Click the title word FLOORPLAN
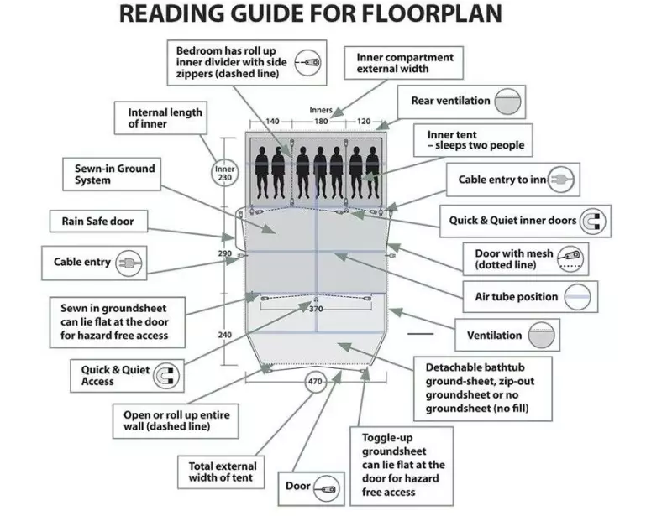click(x=438, y=14)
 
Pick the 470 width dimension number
click(x=316, y=383)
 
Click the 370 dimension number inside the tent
click(x=316, y=310)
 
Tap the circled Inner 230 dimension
click(x=223, y=173)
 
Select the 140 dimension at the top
click(x=273, y=122)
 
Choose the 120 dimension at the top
click(x=363, y=122)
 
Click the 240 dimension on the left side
click(x=224, y=336)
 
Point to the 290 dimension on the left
click(x=224, y=253)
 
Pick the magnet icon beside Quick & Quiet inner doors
click(x=591, y=221)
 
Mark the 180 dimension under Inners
click(x=320, y=122)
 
